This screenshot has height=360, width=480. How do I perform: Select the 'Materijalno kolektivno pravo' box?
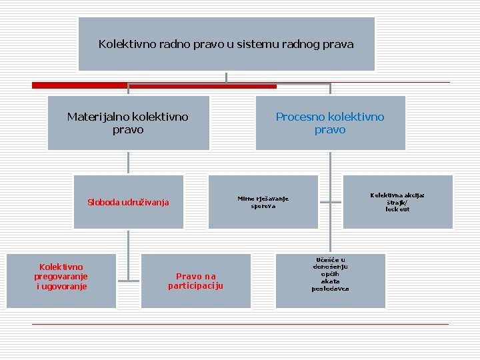[128, 123]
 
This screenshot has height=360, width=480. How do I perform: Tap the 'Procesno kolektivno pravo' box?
[330, 123]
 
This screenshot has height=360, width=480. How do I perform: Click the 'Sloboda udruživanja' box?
[129, 202]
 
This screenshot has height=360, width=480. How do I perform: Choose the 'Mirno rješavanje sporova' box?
[263, 202]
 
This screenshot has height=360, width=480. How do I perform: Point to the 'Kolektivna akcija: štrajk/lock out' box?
[397, 202]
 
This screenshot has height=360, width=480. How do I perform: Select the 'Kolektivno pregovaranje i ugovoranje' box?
[61, 281]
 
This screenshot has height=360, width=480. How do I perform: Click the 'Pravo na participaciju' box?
[196, 281]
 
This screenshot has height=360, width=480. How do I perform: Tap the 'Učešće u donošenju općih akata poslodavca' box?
[330, 281]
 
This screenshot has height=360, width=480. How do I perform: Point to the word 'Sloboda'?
[103, 203]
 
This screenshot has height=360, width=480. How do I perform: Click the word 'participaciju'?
[195, 286]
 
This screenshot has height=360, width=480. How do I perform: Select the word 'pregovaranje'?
[61, 276]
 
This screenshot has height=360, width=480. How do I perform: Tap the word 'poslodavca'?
[330, 289]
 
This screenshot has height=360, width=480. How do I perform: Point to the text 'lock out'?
[397, 209]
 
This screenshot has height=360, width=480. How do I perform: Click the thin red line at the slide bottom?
[240, 324]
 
